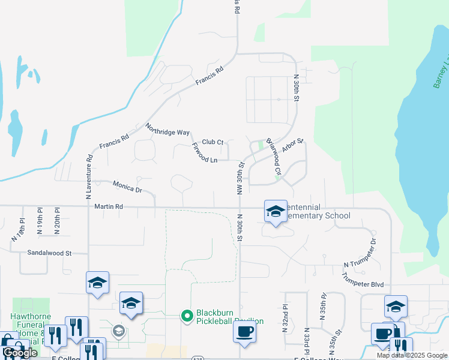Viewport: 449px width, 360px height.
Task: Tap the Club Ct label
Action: pos(212,142)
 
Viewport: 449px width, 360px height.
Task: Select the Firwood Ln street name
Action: pos(204,153)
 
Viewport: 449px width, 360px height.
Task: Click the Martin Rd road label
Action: pos(109,206)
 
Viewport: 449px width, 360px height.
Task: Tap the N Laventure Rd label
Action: pos(89,176)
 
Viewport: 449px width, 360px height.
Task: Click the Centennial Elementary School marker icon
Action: pos(276,211)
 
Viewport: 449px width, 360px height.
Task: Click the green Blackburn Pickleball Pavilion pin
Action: pos(187,314)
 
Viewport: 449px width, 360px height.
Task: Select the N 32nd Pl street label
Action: pos(285,318)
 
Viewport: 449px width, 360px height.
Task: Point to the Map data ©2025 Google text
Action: pos(412,355)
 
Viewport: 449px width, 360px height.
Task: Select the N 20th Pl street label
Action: pos(57,220)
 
